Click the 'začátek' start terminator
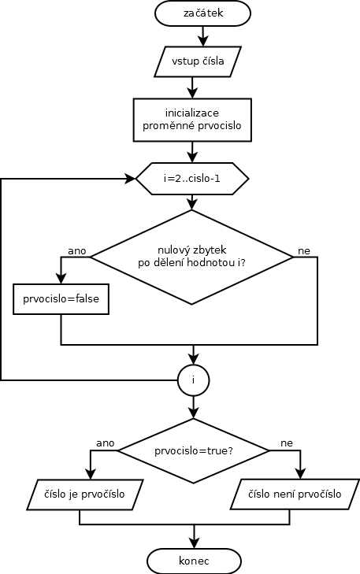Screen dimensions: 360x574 [x=203, y=13]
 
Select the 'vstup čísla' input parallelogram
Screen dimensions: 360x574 [x=198, y=61]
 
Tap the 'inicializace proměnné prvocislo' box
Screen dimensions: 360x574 [x=192, y=120]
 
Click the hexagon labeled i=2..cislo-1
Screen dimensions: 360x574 [x=192, y=179]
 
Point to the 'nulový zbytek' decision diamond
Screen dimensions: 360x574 [x=192, y=257]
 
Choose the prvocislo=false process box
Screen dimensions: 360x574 [x=61, y=299]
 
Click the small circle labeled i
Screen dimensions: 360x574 [x=193, y=380]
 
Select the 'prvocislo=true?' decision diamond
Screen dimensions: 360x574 [x=193, y=450]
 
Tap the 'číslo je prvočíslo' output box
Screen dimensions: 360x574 [x=84, y=494]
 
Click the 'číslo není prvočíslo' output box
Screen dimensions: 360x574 [x=295, y=494]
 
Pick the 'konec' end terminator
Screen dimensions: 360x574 [x=194, y=561]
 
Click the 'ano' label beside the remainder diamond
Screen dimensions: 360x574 [x=77, y=250]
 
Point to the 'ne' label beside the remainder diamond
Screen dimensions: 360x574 [x=304, y=250]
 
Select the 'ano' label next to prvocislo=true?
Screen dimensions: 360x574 [x=106, y=443]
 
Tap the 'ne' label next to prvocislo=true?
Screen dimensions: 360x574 [x=287, y=443]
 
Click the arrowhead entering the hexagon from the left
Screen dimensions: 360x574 [x=131, y=179]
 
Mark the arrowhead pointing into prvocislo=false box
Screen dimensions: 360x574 [x=61, y=279]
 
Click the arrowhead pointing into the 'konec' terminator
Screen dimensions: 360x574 [x=194, y=543]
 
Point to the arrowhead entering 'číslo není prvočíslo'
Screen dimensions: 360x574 [x=300, y=474]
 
